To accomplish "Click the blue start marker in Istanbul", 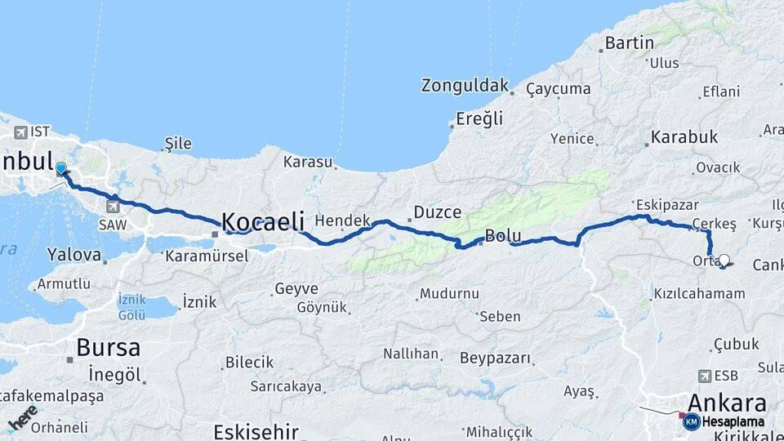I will (x=61, y=169).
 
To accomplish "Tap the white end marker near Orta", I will (x=724, y=261).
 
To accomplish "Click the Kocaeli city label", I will (x=263, y=221).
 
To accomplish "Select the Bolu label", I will (x=503, y=236).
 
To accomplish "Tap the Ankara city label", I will (x=727, y=403).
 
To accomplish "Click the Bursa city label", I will (x=108, y=347).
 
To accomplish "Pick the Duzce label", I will (x=437, y=212).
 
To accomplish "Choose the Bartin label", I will (x=630, y=42).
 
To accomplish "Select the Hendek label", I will (x=343, y=220).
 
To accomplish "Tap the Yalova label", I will (x=74, y=255).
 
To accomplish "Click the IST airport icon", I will (x=20, y=131).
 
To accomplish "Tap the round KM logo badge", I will (x=691, y=421).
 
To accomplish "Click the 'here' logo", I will (x=22, y=417).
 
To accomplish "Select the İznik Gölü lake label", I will (x=131, y=307).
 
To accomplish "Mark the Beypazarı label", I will (x=495, y=358).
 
